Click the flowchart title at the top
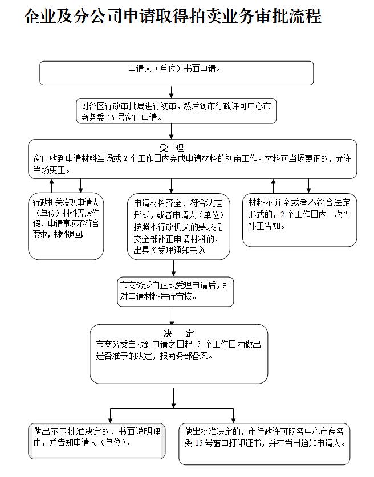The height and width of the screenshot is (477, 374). point(173,16)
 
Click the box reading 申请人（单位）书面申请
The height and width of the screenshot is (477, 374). point(177,73)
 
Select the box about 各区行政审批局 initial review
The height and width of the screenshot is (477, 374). point(176,111)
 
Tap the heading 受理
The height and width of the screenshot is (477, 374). point(172,148)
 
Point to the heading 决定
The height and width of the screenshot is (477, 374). point(178,334)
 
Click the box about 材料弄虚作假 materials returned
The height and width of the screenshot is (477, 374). point(66,226)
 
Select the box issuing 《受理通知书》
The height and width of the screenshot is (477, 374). point(178,227)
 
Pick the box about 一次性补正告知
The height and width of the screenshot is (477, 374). point(299,220)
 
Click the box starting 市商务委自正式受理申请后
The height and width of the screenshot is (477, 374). point(175,291)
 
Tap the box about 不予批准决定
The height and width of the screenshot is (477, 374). point(97,441)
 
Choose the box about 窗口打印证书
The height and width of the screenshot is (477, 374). point(265,444)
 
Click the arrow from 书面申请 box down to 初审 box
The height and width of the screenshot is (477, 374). point(172,92)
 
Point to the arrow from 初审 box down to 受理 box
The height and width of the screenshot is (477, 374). point(172,132)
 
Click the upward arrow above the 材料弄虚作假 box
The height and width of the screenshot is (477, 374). point(52,186)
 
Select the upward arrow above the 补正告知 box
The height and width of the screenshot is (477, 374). point(273,186)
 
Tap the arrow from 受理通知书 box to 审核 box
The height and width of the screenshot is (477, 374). point(173,268)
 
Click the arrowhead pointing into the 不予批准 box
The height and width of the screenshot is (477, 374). point(111,421)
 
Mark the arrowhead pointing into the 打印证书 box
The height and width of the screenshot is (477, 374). point(233,421)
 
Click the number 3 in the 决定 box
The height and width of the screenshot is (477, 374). point(199,344)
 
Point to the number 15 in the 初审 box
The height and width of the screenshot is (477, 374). point(111,117)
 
